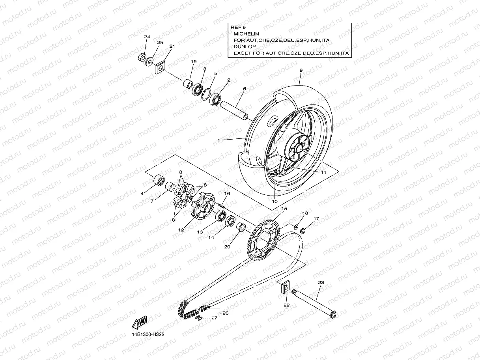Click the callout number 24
[x=147, y=37]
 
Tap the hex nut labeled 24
[x=142, y=58]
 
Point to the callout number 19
[x=194, y=62]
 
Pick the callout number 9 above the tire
[x=301, y=70]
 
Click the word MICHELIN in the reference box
[x=246, y=34]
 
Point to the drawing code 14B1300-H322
[x=148, y=334]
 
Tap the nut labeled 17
[x=303, y=230]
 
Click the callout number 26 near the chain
[x=225, y=313]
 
